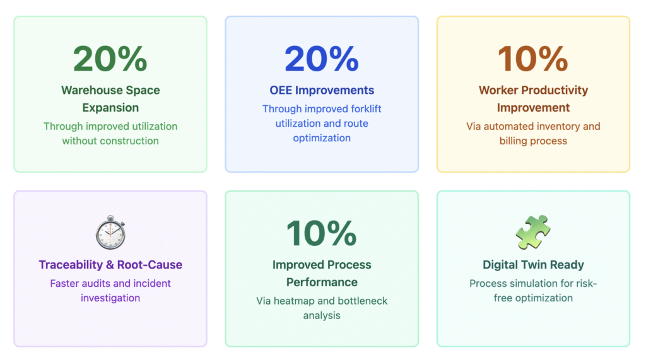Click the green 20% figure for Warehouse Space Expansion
(110, 59)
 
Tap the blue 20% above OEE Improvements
(322, 59)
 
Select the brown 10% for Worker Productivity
(533, 59)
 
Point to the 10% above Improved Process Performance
(322, 233)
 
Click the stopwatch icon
(110, 232)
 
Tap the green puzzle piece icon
(533, 232)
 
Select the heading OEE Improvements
(322, 90)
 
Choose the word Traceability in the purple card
(71, 265)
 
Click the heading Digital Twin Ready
(533, 265)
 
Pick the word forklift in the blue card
(366, 108)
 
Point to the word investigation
(110, 298)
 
